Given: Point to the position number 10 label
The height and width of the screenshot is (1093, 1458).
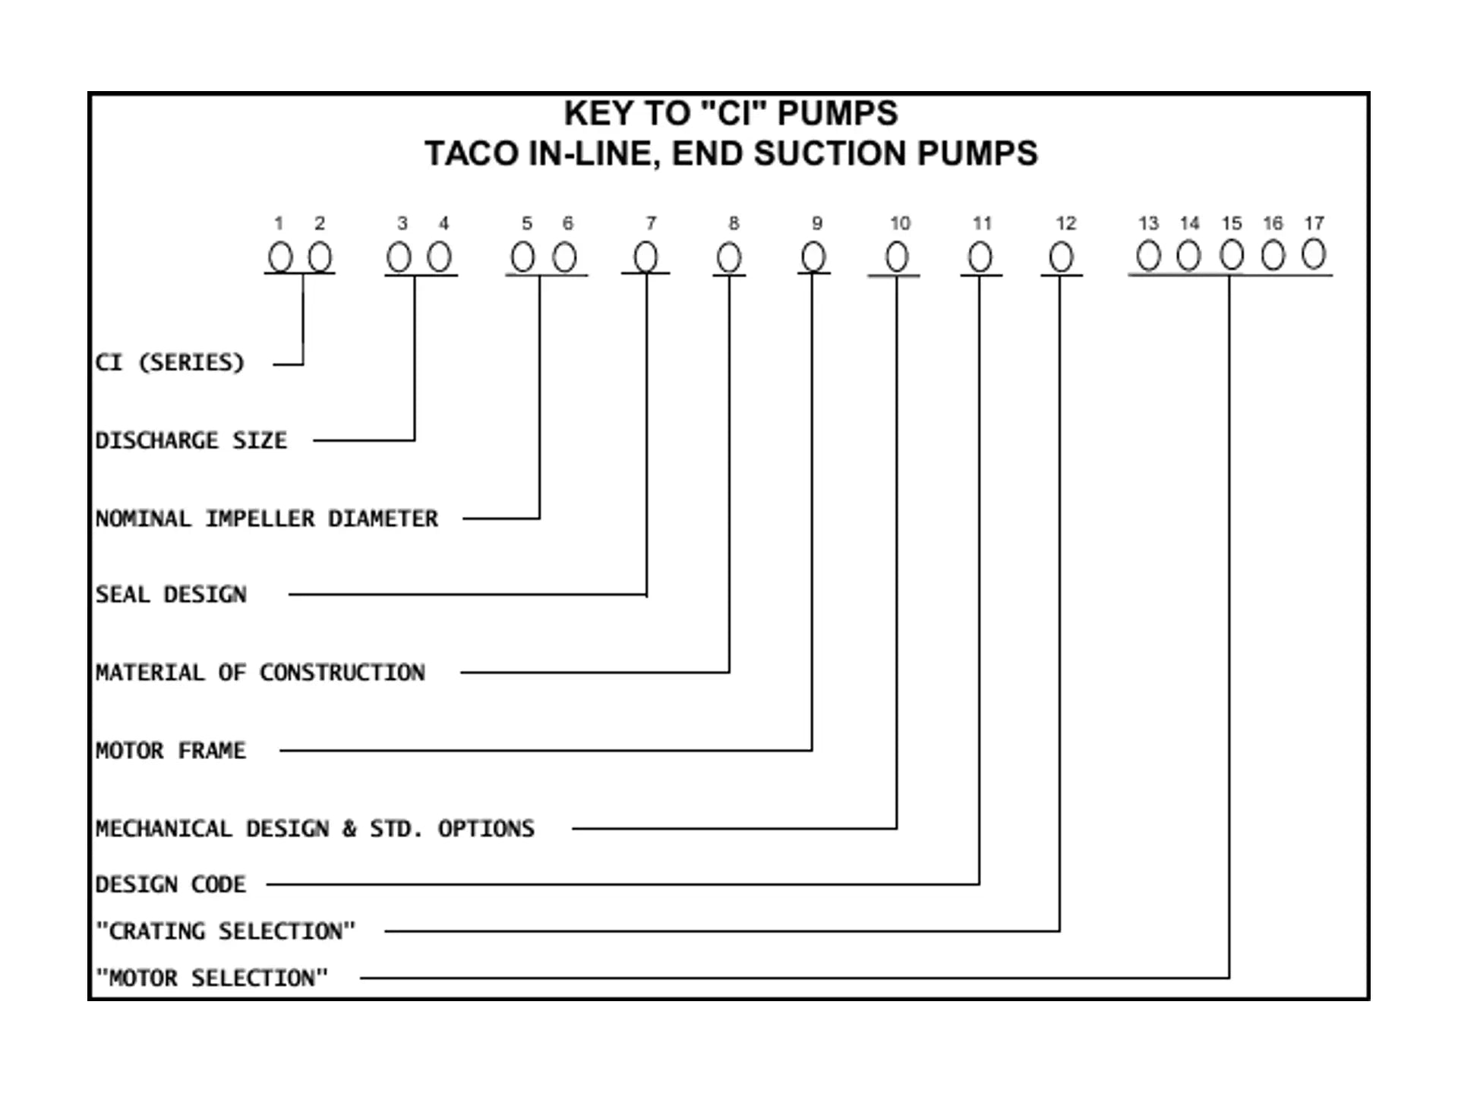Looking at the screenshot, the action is click(900, 223).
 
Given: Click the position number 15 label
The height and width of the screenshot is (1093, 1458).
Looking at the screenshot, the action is click(1231, 223).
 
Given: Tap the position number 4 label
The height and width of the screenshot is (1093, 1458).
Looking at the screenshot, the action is click(443, 223).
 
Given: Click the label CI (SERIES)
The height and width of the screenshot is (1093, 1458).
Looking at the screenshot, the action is click(169, 362).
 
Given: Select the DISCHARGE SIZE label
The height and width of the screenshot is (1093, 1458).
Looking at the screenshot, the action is click(191, 440).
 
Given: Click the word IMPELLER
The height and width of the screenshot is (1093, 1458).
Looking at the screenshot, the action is click(260, 518).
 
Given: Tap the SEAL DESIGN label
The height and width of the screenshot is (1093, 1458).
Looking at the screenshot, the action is click(171, 594).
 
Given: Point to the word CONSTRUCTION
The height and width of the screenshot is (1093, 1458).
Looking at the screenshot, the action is click(342, 672).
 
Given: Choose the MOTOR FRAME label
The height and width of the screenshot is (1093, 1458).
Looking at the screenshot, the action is click(171, 751).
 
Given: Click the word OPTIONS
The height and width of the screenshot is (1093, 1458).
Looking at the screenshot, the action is click(486, 828).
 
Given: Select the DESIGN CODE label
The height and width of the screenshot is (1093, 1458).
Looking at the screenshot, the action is click(171, 884).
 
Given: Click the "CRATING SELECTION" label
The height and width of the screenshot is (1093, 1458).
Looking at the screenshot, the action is click(226, 931).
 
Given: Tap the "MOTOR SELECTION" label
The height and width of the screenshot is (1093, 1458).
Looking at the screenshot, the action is click(212, 978).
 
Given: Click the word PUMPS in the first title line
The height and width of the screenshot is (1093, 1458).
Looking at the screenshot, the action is click(838, 114).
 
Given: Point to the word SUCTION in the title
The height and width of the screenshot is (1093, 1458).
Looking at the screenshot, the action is click(831, 153).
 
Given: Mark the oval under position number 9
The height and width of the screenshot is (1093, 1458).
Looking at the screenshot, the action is click(813, 257).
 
